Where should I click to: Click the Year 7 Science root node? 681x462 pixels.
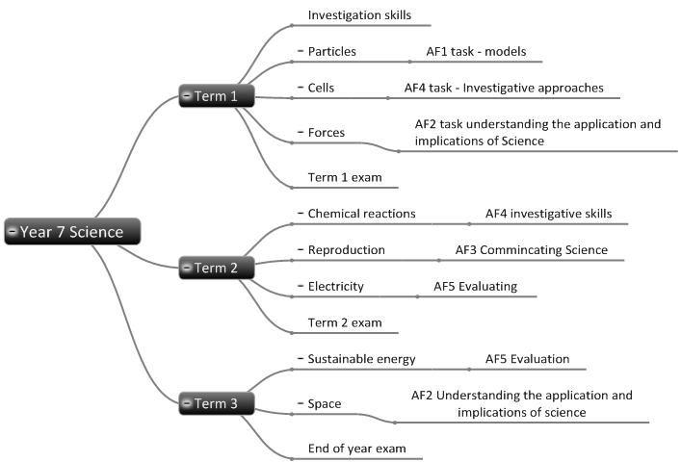[73, 231]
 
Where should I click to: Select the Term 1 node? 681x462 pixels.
[218, 95]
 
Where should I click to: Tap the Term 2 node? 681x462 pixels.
[218, 269]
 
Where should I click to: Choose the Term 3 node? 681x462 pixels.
[218, 404]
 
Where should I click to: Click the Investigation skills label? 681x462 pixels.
[359, 15]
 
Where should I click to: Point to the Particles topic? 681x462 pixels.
[332, 51]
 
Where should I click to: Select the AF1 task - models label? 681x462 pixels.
[476, 51]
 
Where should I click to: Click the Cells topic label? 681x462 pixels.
[322, 88]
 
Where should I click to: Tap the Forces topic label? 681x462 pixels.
[327, 132]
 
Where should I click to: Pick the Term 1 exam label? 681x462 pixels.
[340, 177]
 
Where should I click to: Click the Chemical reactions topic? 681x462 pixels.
[361, 213]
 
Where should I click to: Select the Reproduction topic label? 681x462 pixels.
[346, 249]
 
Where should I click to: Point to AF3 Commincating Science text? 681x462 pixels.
[531, 249]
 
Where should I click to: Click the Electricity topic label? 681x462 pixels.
[336, 286]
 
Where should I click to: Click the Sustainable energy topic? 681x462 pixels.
[361, 359]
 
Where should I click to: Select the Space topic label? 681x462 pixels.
[325, 403]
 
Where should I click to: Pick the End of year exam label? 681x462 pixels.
[356, 448]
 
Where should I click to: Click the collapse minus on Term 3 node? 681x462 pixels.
[188, 404]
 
